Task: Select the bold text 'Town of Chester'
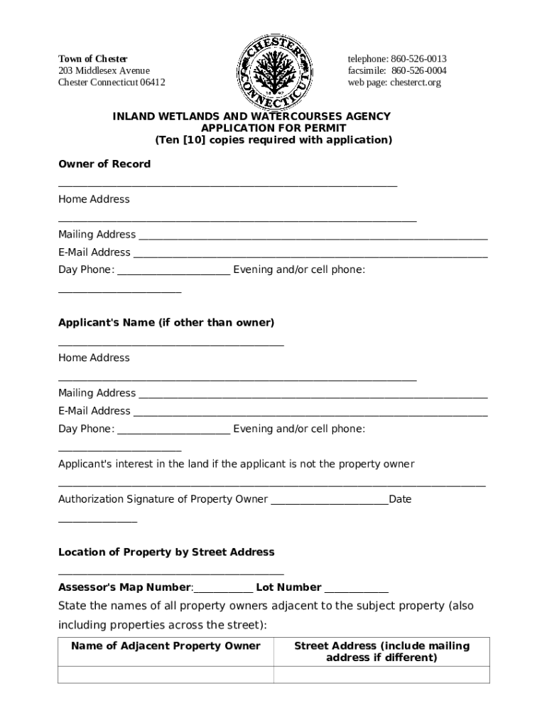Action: [92, 58]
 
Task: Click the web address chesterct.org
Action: [415, 82]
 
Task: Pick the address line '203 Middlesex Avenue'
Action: [104, 70]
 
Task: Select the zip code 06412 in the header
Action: [153, 82]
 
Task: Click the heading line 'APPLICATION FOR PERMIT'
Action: [273, 128]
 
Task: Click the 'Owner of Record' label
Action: [104, 164]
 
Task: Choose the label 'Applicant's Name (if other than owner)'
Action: [166, 323]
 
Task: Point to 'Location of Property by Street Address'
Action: [166, 552]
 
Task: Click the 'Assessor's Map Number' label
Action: [124, 588]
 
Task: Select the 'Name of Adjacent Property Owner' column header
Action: [166, 646]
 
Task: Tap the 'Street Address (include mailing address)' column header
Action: [381, 651]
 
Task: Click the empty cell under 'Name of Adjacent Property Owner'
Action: [166, 675]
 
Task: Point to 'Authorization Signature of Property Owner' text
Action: [163, 499]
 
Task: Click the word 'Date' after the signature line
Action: [400, 499]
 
